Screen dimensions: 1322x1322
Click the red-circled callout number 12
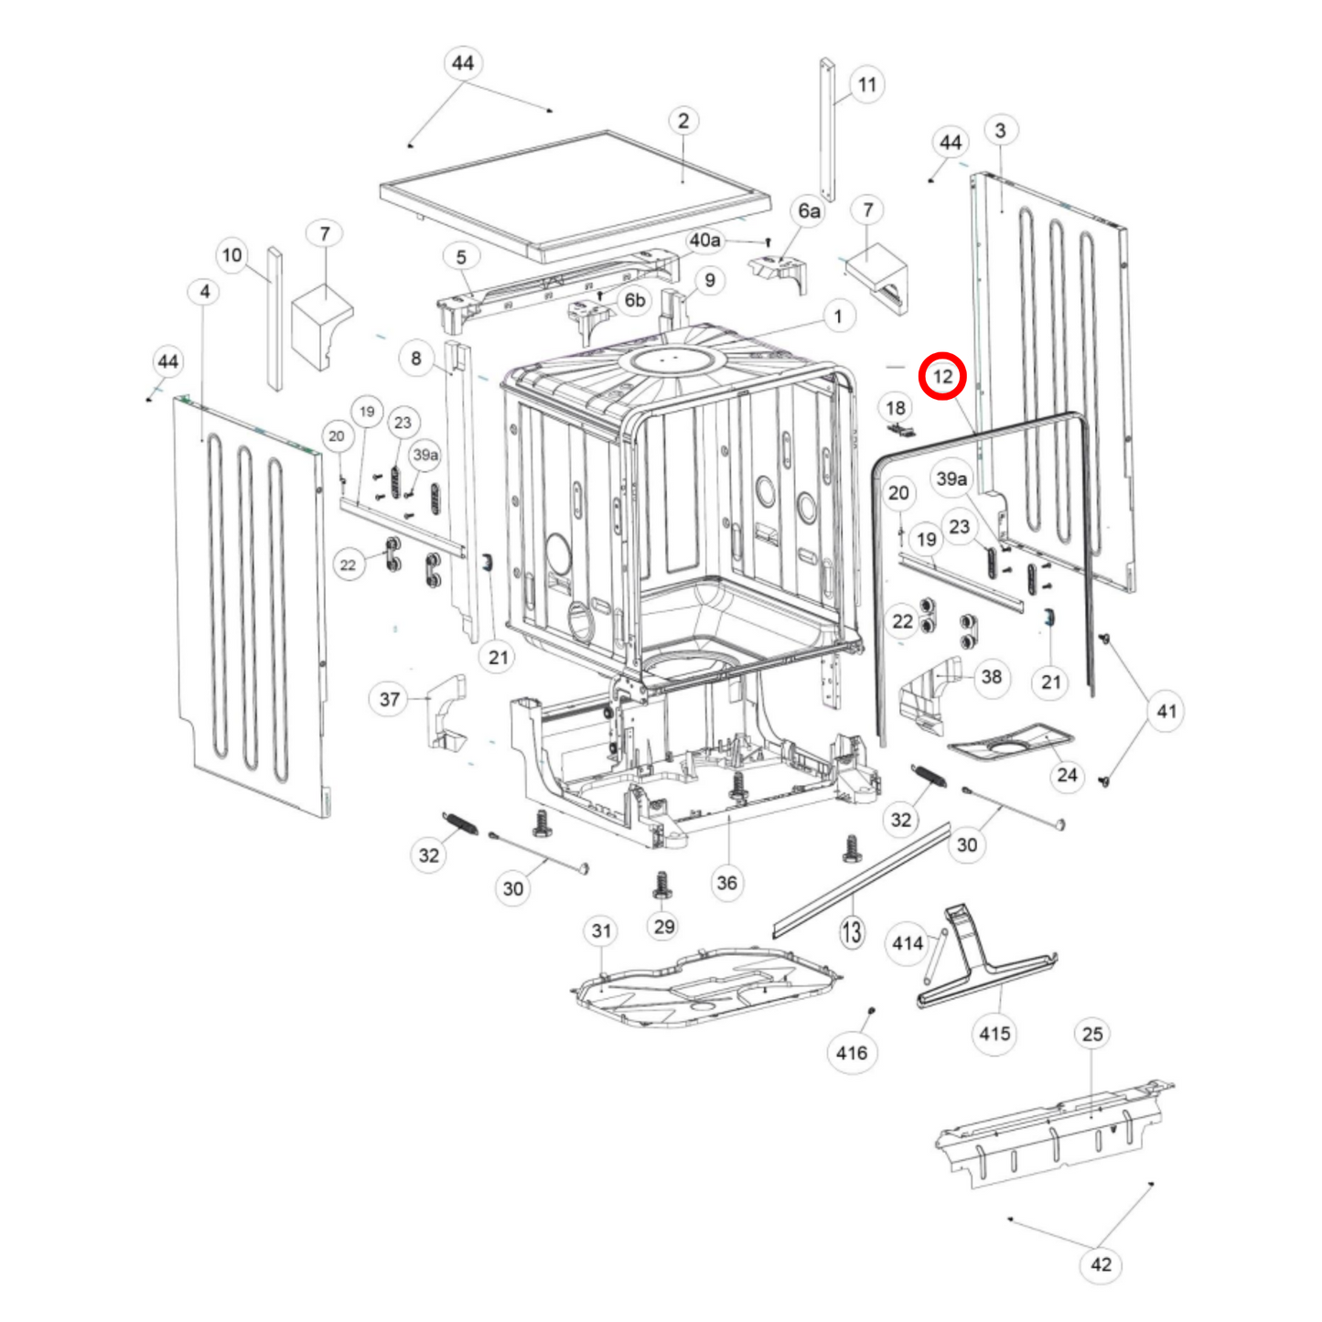pyautogui.click(x=942, y=376)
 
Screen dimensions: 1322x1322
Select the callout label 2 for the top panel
pyautogui.click(x=683, y=121)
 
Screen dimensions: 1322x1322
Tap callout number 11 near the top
pyautogui.click(x=866, y=85)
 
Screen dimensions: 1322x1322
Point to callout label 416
pyautogui.click(x=851, y=1052)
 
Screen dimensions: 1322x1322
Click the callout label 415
pyautogui.click(x=994, y=1033)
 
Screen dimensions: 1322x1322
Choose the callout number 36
pyautogui.click(x=726, y=883)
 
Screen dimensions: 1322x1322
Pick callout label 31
pyautogui.click(x=601, y=930)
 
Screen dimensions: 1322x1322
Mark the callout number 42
pyautogui.click(x=1101, y=1264)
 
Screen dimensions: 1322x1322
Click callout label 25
pyautogui.click(x=1092, y=1034)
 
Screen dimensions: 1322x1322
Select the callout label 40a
pyautogui.click(x=704, y=240)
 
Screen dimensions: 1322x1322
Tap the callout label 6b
pyautogui.click(x=635, y=300)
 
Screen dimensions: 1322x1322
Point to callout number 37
pyautogui.click(x=390, y=699)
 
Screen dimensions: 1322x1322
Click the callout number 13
pyautogui.click(x=852, y=932)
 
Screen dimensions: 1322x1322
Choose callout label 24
pyautogui.click(x=1067, y=775)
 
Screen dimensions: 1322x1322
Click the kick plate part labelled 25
pyautogui.click(x=1052, y=1134)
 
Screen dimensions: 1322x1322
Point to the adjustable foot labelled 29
pyautogui.click(x=663, y=885)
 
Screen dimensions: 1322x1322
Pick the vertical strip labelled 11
pyautogui.click(x=827, y=128)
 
